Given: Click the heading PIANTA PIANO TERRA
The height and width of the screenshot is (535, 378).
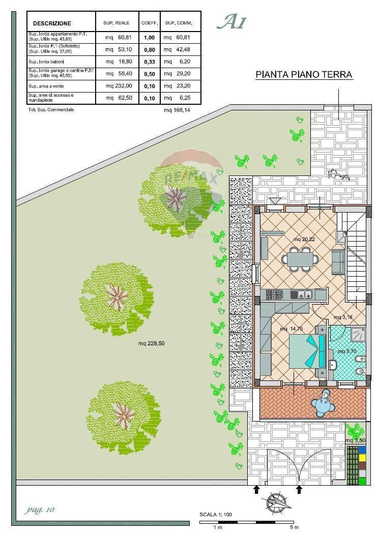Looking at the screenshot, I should point(304,75).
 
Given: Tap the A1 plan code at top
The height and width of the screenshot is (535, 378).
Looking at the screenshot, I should point(231,22).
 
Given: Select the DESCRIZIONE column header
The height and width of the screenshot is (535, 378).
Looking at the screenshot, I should point(52,23).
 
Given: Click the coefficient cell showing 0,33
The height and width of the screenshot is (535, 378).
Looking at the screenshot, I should point(149,61).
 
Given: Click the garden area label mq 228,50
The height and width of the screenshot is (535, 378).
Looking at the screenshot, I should point(151,343).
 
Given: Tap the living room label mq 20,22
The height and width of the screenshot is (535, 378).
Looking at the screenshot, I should point(304,239).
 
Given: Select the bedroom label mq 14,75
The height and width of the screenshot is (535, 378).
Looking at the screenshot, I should point(291,329).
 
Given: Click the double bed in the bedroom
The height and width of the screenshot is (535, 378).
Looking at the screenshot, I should point(307,351).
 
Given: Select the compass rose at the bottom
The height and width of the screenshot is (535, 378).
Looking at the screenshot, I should point(277,502).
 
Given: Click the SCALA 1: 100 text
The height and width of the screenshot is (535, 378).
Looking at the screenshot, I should point(216,515).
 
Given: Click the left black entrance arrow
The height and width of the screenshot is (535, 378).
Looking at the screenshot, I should point(256,489).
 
